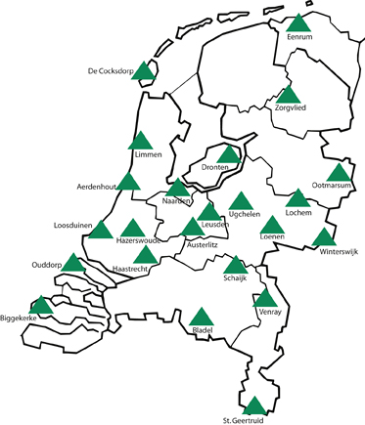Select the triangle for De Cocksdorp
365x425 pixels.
[145, 70]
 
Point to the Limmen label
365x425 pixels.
[146, 154]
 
